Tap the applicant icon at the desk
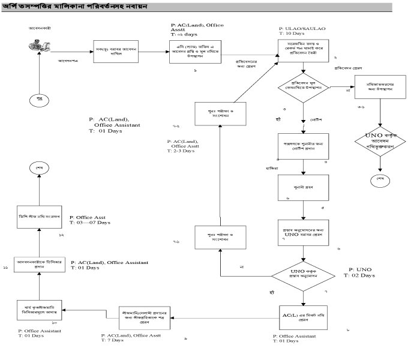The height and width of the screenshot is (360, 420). click(x=40, y=46)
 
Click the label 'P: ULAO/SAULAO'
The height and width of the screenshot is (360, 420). click(x=299, y=28)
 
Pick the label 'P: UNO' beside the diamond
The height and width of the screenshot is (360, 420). click(x=357, y=269)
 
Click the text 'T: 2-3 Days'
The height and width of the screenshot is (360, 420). click(x=184, y=152)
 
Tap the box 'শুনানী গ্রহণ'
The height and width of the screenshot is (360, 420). click(x=304, y=188)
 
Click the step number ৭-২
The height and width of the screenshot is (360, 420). click(x=176, y=127)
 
